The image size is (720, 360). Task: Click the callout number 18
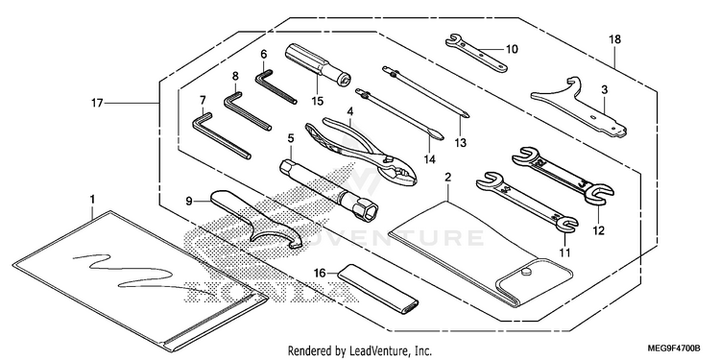click(614, 39)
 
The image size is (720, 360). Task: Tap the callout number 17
click(97, 104)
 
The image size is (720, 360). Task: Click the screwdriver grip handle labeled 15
click(318, 64)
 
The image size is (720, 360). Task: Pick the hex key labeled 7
click(221, 136)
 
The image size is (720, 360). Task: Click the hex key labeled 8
click(247, 111)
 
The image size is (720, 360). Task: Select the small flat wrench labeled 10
click(476, 53)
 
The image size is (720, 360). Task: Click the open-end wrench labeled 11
click(527, 201)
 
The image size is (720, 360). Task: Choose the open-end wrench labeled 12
click(563, 175)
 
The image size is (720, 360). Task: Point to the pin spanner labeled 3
click(578, 107)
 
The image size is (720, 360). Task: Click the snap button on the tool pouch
click(527, 273)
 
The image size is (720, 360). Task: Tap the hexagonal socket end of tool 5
click(365, 210)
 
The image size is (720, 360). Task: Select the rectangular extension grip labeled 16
click(378, 288)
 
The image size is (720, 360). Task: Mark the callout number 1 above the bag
click(92, 200)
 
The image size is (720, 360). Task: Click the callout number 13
click(460, 143)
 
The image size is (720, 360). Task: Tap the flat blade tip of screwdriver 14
click(442, 137)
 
